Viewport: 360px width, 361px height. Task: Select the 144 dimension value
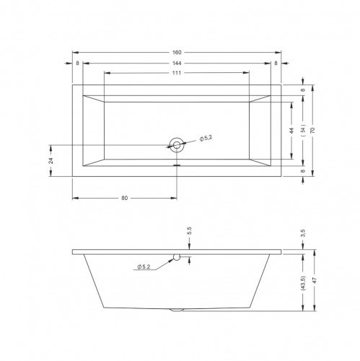pos(177,63)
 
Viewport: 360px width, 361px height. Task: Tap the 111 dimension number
pos(177,74)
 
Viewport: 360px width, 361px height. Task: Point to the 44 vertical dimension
pos(292,131)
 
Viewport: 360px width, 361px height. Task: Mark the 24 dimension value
pos(51,160)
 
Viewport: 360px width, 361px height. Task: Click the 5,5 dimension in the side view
pos(189,231)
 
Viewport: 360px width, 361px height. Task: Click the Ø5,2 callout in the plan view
pos(205,138)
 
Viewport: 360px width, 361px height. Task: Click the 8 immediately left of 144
pos(77,63)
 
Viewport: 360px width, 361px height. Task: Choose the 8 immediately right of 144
pos(276,63)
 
